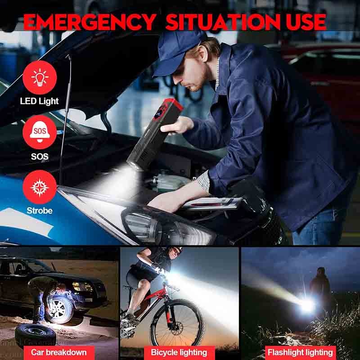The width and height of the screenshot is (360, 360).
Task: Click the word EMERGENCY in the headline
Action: coord(90,22)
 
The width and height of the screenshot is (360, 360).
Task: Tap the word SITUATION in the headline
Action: coord(223,22)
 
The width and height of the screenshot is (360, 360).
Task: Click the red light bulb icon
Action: coord(40,77)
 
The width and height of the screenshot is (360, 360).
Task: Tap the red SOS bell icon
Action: coord(40,132)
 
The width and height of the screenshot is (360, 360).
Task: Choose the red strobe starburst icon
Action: coord(40,187)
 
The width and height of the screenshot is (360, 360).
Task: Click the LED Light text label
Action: coord(39,101)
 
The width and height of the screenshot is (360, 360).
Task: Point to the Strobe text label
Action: coord(40,211)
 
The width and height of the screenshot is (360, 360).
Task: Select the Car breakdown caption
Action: coord(59,352)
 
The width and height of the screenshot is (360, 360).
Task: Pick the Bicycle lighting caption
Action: coord(179,352)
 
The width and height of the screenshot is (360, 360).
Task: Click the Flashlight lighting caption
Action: coord(300,352)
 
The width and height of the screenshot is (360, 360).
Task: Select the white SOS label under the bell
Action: coord(40,156)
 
